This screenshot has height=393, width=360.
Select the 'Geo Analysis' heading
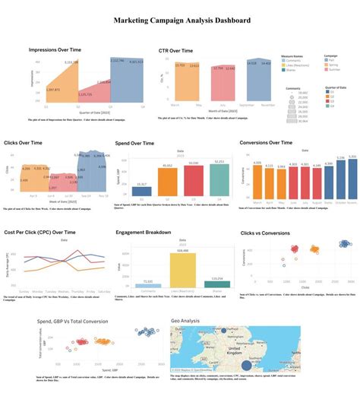[185, 321]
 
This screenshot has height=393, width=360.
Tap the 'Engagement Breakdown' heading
[146, 233]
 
